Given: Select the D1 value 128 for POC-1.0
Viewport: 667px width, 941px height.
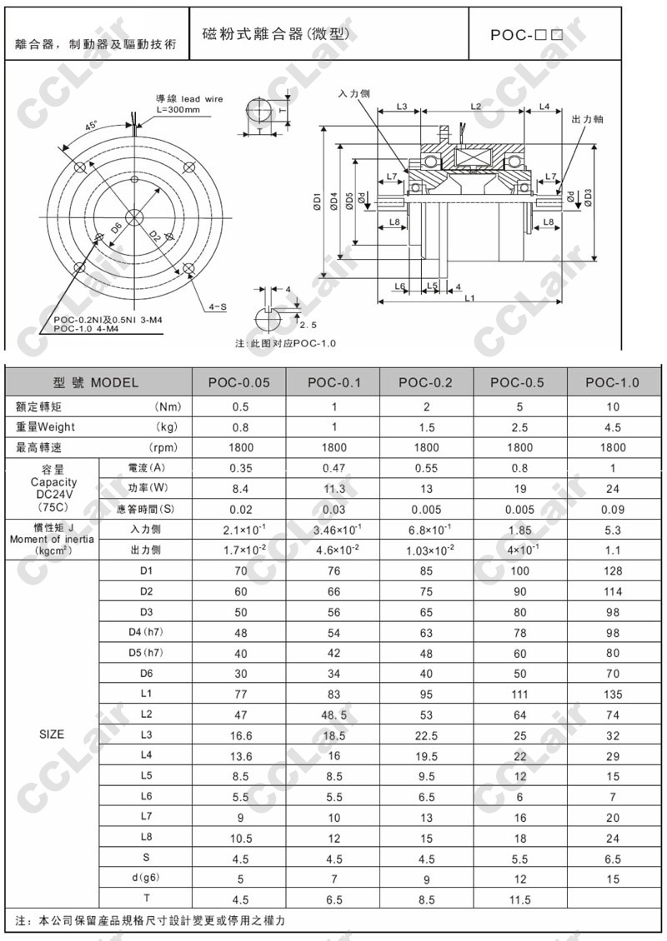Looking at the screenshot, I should tap(613, 571).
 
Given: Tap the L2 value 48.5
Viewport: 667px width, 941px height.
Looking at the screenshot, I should tap(333, 714).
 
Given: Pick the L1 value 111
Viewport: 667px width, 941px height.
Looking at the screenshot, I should tap(520, 694).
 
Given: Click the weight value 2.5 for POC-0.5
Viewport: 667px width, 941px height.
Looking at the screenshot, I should tap(520, 427).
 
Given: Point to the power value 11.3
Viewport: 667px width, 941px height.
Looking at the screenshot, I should tap(333, 488).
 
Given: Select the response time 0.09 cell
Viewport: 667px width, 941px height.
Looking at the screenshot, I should tap(613, 509).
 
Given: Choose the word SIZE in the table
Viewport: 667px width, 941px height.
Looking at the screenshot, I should tap(52, 734).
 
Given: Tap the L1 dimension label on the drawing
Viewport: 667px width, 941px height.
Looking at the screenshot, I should tap(469, 297).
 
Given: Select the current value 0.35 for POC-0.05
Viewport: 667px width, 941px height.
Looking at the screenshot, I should tap(240, 468).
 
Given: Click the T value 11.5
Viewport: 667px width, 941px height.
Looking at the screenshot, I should tap(520, 899).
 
